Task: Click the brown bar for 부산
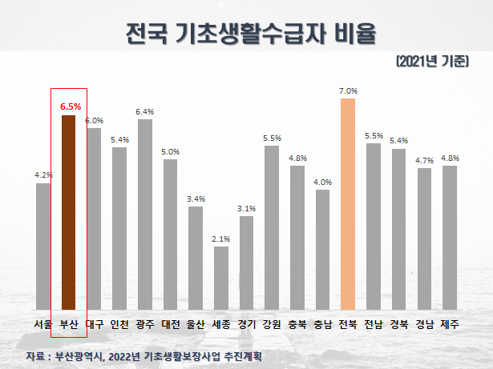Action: click(x=69, y=212)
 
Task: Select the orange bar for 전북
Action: click(x=347, y=204)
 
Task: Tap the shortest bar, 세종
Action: click(x=221, y=278)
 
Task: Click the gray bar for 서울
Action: click(x=43, y=246)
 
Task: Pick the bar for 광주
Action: click(x=145, y=215)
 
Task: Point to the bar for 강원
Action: click(x=271, y=227)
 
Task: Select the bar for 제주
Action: click(x=449, y=237)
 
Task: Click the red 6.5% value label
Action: click(x=69, y=106)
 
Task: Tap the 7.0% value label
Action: click(x=348, y=90)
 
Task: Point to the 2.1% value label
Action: click(x=221, y=239)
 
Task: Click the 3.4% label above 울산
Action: click(x=196, y=199)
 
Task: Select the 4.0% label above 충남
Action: click(x=322, y=182)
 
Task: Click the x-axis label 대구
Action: click(x=94, y=324)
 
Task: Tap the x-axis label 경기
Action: click(x=246, y=324)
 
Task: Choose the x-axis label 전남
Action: click(x=373, y=324)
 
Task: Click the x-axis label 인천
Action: click(x=119, y=324)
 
